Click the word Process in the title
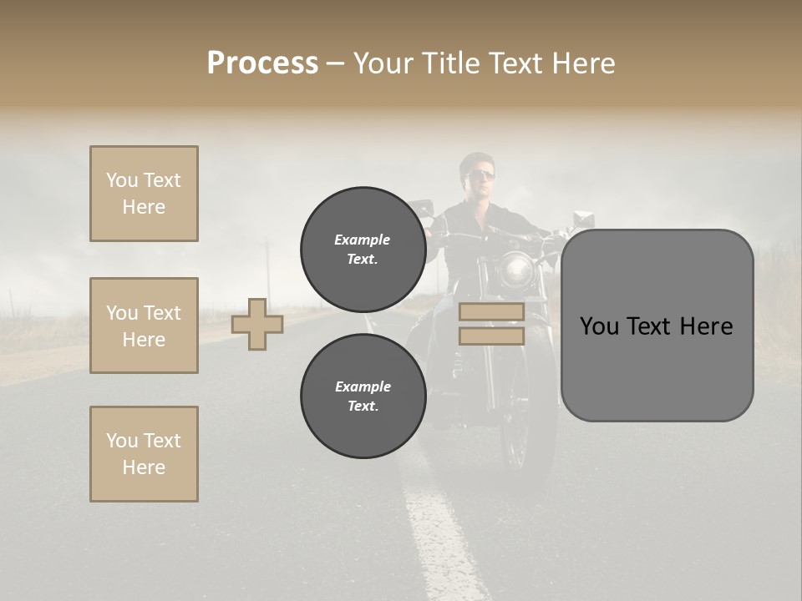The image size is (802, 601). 262,63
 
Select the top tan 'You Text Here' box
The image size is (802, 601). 144,194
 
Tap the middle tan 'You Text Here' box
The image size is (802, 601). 144,326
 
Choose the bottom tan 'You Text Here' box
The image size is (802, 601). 144,454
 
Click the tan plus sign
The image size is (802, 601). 257,324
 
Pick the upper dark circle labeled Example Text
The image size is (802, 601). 363,249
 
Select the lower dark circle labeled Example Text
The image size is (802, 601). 363,396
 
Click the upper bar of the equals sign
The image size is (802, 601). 491,312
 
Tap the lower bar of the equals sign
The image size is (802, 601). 491,336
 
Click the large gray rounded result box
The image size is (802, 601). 657,367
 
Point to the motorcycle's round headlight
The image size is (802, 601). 517,270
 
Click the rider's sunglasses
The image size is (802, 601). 482,174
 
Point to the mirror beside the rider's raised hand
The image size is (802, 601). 582,219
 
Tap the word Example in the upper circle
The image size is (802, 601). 363,240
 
